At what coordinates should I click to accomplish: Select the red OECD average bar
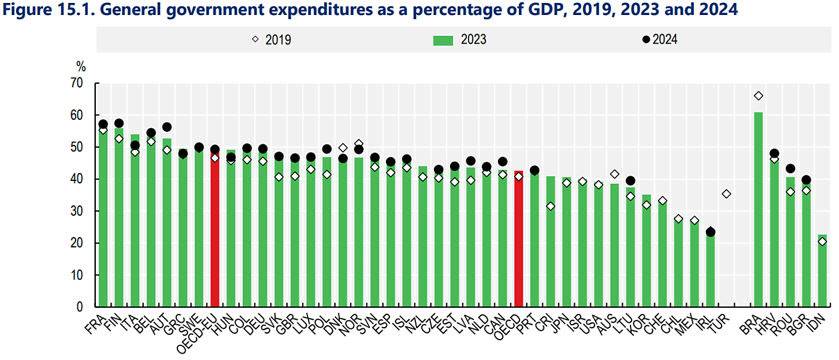pyautogui.click(x=519, y=240)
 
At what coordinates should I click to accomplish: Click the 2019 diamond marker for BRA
pyautogui.click(x=758, y=96)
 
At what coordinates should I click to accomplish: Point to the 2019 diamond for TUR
pyautogui.click(x=726, y=194)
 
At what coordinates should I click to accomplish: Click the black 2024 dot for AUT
pyautogui.click(x=167, y=127)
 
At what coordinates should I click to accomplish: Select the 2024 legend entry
pyautogui.click(x=659, y=40)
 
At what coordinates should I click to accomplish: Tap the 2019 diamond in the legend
pyautogui.click(x=255, y=40)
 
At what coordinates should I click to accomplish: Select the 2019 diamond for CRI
pyautogui.click(x=551, y=207)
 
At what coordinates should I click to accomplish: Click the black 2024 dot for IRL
pyautogui.click(x=710, y=232)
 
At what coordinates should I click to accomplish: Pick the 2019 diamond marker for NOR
pyautogui.click(x=359, y=144)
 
